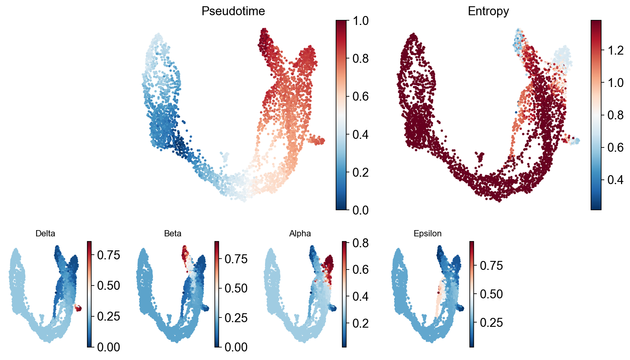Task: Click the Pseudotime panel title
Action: pyautogui.click(x=233, y=11)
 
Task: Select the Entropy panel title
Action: pyautogui.click(x=488, y=11)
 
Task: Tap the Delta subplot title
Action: pyautogui.click(x=45, y=234)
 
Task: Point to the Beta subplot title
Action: pyautogui.click(x=173, y=234)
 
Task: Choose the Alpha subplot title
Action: pyautogui.click(x=300, y=234)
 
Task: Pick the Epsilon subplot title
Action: pyautogui.click(x=427, y=234)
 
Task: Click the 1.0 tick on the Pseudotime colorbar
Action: pyautogui.click(x=360, y=21)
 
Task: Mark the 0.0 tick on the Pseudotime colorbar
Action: pyautogui.click(x=360, y=210)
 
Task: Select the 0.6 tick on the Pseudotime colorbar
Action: pyautogui.click(x=360, y=96)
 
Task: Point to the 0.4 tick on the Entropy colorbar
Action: pyautogui.click(x=615, y=180)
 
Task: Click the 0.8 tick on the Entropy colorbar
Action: pyautogui.click(x=615, y=115)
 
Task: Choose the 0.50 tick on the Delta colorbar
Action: pyautogui.click(x=108, y=286)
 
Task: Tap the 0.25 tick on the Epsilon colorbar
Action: pyautogui.click(x=491, y=323)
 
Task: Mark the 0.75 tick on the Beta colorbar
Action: pyautogui.click(x=236, y=259)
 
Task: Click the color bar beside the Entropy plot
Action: pyautogui.click(x=596, y=115)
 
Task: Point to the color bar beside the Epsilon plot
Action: pyautogui.click(x=472, y=294)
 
